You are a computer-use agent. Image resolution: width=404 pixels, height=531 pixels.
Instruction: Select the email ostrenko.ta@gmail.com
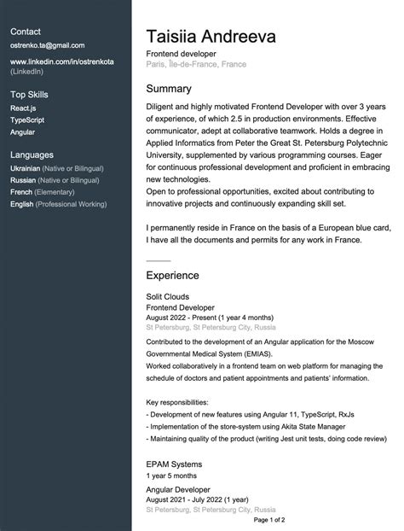47,45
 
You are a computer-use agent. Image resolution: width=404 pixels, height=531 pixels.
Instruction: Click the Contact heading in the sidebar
26,31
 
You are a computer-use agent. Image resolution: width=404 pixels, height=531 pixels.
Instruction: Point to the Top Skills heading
29,95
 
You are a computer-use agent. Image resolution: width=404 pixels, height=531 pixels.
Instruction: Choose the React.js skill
22,109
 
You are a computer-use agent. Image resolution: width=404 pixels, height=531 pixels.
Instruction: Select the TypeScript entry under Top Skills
27,121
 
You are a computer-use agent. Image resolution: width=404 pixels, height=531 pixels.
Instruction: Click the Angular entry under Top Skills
23,133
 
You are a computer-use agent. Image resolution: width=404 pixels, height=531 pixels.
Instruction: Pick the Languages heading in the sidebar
32,155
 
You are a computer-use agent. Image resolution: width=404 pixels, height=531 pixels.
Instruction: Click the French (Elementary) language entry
43,193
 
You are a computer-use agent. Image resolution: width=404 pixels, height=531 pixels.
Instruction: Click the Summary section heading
169,89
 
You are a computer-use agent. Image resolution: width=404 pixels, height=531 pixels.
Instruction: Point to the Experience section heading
172,276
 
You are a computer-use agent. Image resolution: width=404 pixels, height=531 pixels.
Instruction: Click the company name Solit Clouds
168,295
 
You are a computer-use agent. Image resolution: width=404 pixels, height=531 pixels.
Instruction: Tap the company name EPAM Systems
174,464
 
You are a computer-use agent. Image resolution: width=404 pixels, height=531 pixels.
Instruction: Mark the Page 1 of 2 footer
269,519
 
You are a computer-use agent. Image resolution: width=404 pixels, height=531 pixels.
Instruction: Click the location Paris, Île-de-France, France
197,64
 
